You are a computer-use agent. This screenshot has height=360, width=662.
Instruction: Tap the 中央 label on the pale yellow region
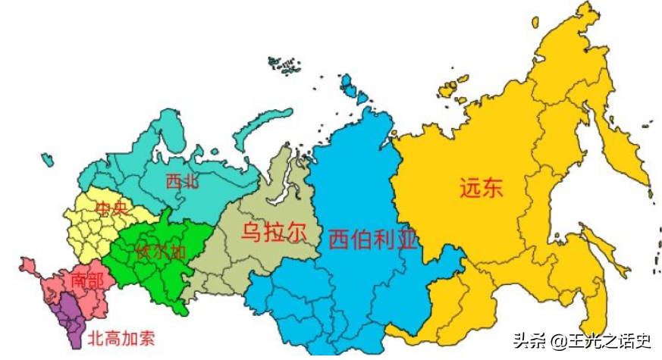(111, 208)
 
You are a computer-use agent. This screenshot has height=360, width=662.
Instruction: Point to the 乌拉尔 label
(274, 232)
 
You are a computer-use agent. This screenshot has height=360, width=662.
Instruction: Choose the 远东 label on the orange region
(481, 187)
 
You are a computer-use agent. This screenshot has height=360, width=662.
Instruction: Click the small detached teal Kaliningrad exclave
(48, 159)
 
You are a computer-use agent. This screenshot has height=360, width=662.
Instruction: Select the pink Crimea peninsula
(28, 266)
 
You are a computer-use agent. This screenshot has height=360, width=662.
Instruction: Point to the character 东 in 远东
(492, 187)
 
